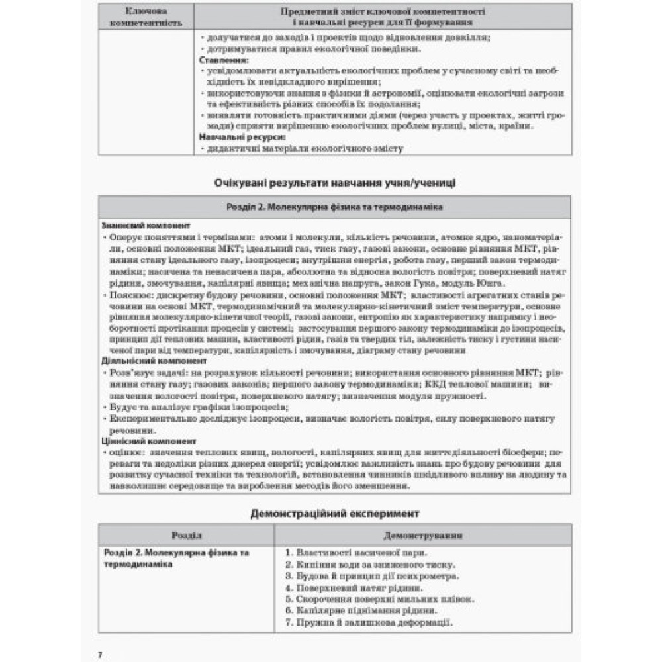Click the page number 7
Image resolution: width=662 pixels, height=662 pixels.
pyautogui.click(x=100, y=654)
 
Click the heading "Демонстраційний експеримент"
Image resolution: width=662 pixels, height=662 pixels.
pyautogui.click(x=335, y=512)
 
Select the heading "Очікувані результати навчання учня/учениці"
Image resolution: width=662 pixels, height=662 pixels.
pyautogui.click(x=335, y=183)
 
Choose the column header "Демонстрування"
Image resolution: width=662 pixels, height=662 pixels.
pyautogui.click(x=423, y=535)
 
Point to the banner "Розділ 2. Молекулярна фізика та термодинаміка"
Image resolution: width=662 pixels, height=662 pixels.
pyautogui.click(x=335, y=207)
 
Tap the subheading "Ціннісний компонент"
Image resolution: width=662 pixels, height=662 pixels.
pyautogui.click(x=140, y=441)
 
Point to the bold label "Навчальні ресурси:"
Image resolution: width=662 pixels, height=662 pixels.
pyautogui.click(x=242, y=137)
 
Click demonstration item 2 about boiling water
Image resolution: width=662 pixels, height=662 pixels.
pyautogui.click(x=370, y=565)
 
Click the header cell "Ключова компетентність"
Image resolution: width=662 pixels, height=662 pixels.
pyautogui.click(x=146, y=17)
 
